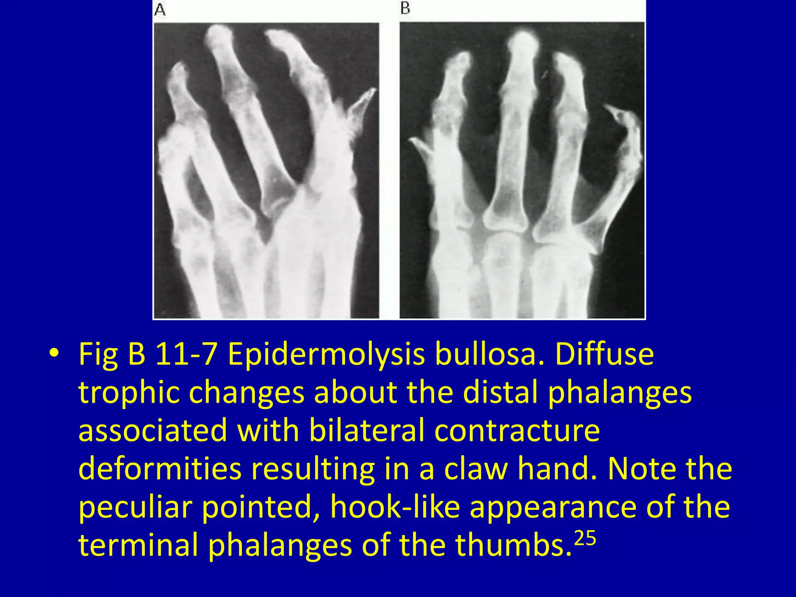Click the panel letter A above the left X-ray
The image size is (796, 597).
click(160, 10)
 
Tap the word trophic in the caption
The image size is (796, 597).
click(129, 393)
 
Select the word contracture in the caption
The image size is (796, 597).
click(517, 431)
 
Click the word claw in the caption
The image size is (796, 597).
click(476, 469)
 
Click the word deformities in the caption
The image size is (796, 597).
click(160, 469)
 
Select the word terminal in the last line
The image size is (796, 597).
click(138, 545)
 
